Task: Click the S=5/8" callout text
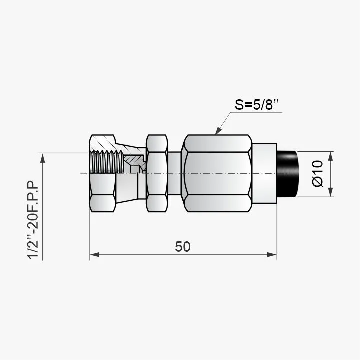[257, 105]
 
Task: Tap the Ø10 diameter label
[318, 174]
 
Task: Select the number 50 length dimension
[183, 247]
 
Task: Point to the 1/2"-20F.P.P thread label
[33, 220]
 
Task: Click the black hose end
[287, 174]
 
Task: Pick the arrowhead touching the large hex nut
[218, 131]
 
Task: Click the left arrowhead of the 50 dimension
[94, 254]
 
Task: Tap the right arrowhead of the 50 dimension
[272, 254]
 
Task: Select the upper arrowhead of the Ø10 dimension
[330, 156]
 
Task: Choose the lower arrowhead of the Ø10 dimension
[330, 192]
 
